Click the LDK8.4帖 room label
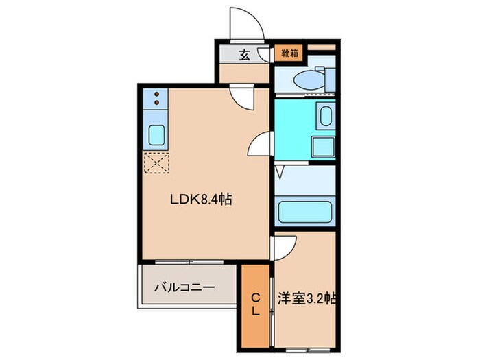coord(200,200)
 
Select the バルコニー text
coord(184,287)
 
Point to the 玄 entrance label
coord(243,55)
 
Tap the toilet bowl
coord(309,80)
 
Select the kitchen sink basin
coord(156,134)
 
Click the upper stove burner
coord(156,95)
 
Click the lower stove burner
coord(156,104)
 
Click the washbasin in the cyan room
coord(325,118)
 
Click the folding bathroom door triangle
coord(279,171)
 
